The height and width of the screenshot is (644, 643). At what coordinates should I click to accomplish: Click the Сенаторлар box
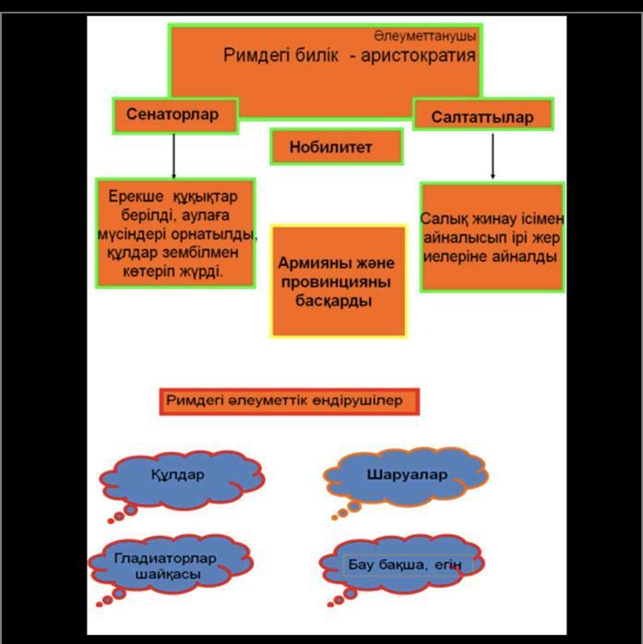pos(175,116)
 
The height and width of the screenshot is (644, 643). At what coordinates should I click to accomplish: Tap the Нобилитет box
pos(337,146)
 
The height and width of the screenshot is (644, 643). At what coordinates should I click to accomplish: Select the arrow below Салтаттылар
pos(493,156)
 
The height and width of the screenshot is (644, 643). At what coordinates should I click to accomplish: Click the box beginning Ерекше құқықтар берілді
pos(175,234)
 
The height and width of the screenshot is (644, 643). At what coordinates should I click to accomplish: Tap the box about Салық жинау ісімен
pos(492,237)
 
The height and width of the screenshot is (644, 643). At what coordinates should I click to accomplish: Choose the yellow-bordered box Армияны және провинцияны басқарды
pos(338,281)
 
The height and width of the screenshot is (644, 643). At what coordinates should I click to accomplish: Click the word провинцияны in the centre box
pos(338,282)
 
